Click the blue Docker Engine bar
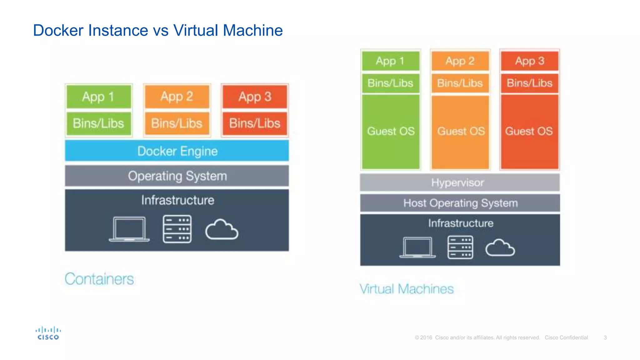(177, 151)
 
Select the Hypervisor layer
(459, 182)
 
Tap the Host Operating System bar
(460, 203)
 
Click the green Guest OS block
(391, 131)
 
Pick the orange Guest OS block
(460, 131)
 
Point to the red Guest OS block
(529, 131)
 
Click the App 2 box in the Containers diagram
(177, 97)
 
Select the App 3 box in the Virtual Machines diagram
(529, 61)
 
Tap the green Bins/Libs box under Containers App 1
(99, 123)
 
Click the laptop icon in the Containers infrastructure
(129, 229)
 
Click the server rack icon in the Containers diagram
(177, 229)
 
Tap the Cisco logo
(48, 333)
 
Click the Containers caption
(99, 279)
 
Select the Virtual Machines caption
(406, 289)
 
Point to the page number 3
(605, 337)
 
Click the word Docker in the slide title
(58, 31)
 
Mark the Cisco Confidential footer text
(566, 337)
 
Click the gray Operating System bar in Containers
(177, 176)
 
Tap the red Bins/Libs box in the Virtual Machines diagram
(529, 83)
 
